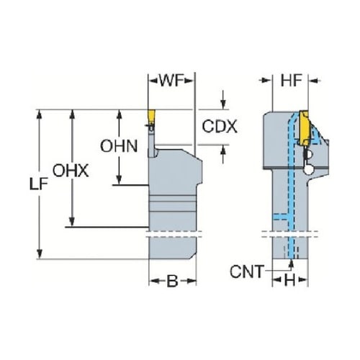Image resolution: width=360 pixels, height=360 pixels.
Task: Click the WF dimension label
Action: (171, 81)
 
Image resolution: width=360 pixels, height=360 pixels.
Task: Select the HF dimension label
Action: (291, 81)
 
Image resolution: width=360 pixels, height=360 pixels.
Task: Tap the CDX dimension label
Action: (220, 126)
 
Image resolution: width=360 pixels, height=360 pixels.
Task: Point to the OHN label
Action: (119, 146)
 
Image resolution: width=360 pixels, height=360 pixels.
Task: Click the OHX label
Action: (71, 171)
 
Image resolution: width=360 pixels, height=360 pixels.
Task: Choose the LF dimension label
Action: (38, 184)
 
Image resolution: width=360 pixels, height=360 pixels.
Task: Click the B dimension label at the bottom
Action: (172, 281)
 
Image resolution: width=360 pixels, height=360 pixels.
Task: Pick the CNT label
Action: (247, 271)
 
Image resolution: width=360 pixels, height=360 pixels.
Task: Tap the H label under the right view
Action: (289, 280)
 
